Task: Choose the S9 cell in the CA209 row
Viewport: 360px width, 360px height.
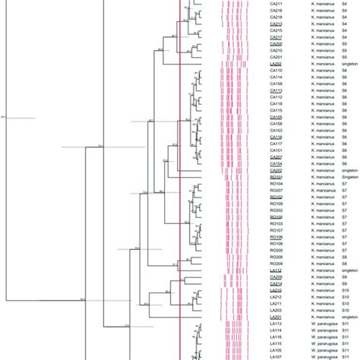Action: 344,277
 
